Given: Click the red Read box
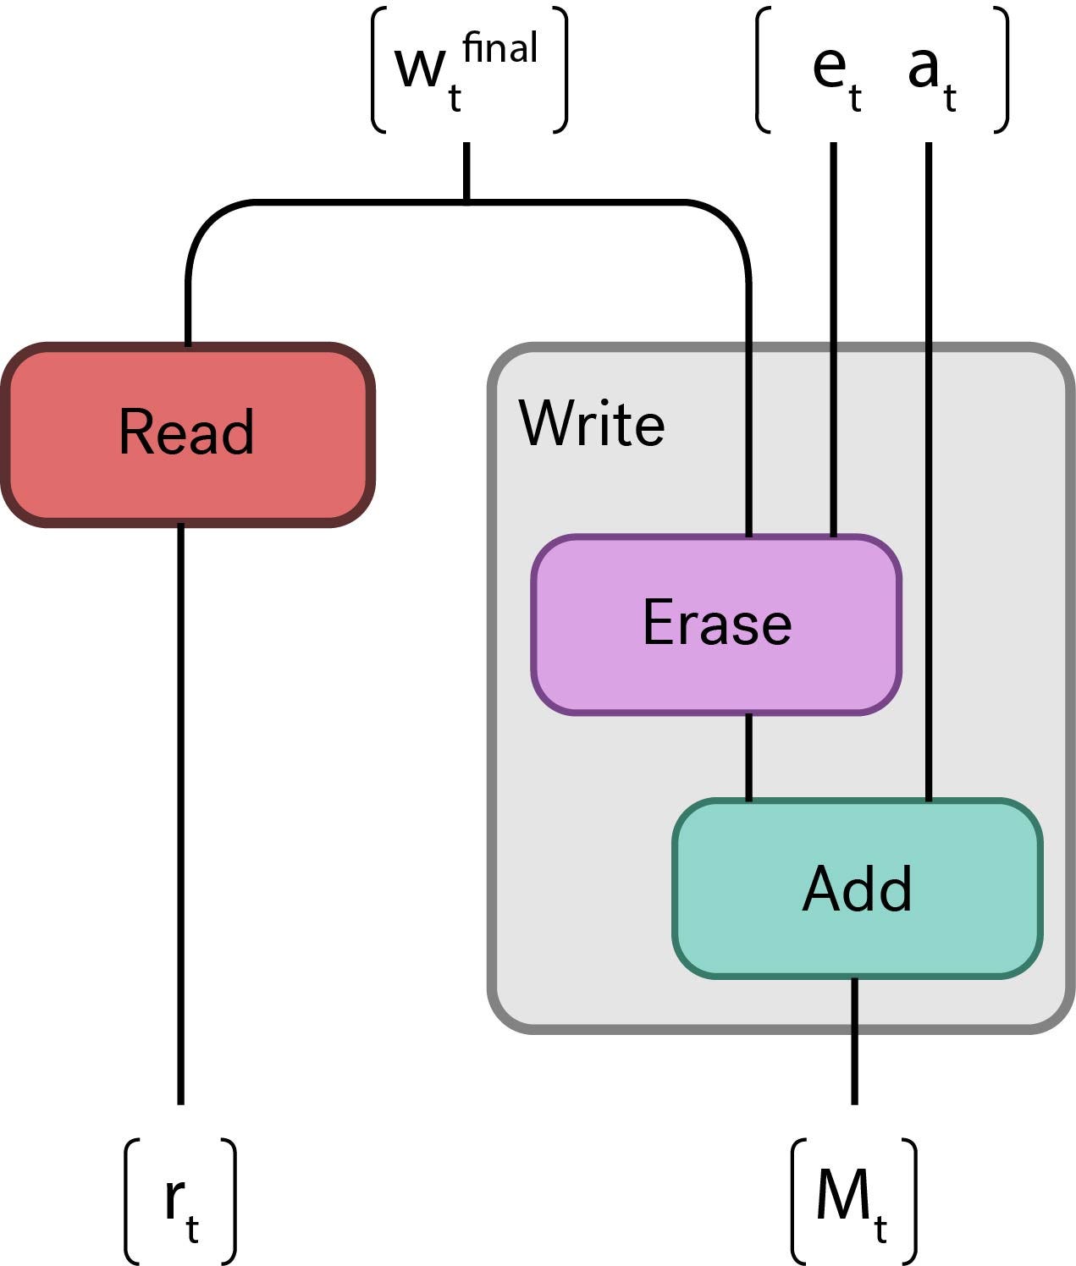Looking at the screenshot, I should [x=187, y=434].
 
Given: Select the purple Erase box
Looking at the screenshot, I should [x=716, y=625].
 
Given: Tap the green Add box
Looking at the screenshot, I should [x=858, y=889].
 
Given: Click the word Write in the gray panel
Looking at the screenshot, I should [x=592, y=423].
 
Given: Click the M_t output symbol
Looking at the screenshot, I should [x=851, y=1202].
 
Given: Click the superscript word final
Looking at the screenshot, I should [x=500, y=47].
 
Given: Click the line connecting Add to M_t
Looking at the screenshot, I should [x=854, y=1041].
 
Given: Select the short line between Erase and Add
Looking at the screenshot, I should [x=748, y=757].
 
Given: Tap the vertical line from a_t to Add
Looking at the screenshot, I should [x=929, y=465].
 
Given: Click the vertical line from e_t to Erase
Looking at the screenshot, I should [x=834, y=339].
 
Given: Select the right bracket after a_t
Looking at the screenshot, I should [x=1002, y=70].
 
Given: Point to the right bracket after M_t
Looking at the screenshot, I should [x=910, y=1202].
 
